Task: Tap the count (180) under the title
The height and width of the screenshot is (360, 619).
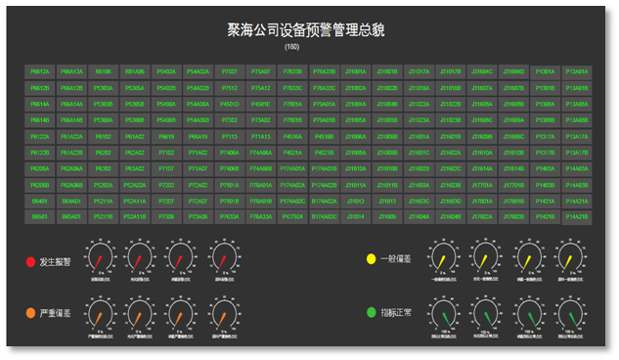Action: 292,47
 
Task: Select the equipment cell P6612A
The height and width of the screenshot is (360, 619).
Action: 41,71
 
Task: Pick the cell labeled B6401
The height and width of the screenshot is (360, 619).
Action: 41,200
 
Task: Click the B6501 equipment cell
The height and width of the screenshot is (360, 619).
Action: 41,216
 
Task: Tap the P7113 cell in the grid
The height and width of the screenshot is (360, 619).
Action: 230,136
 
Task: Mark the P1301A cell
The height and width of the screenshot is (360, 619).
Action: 545,71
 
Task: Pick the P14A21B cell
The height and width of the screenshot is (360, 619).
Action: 576,216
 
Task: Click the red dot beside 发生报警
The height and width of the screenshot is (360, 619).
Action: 30,262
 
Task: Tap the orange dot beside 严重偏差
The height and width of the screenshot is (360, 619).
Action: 30,315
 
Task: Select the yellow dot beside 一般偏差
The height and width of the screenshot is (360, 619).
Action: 371,259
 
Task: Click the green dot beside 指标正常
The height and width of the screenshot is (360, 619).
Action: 371,313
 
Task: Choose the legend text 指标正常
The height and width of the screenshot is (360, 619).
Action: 396,313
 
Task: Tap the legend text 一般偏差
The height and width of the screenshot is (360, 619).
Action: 396,259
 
